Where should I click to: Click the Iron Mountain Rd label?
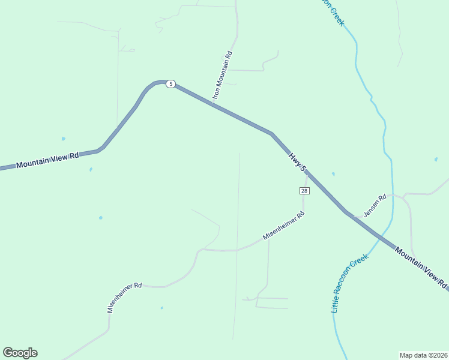click(222, 76)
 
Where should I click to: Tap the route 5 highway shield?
click(171, 84)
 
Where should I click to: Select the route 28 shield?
click(304, 191)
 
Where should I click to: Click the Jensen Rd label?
click(375, 205)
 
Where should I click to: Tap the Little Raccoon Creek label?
click(349, 283)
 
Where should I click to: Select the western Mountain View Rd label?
click(48, 160)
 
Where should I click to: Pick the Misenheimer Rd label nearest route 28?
click(284, 226)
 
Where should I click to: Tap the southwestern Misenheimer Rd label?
click(124, 298)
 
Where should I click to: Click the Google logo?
click(20, 353)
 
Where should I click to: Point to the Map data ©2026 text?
click(423, 355)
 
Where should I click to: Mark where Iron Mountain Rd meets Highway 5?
click(212, 103)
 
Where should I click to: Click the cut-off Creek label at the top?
click(332, 11)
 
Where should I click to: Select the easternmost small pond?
click(436, 160)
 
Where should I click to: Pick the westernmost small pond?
click(63, 139)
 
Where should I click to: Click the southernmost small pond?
click(161, 308)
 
